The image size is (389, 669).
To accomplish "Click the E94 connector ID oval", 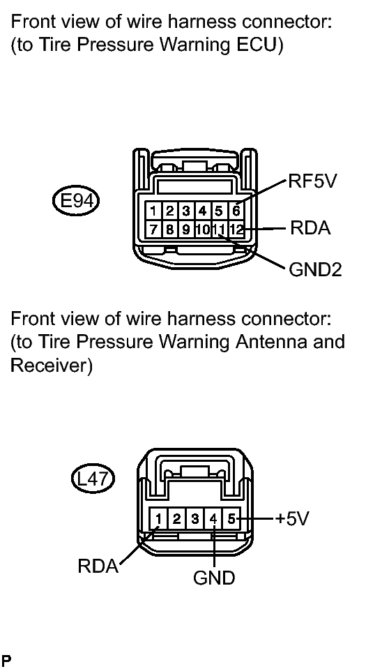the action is click(x=75, y=200).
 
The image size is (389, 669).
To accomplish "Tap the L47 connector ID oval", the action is click(x=93, y=479).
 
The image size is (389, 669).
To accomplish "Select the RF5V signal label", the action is click(x=312, y=181).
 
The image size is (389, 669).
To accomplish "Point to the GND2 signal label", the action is click(x=315, y=270).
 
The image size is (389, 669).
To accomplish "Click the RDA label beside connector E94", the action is click(x=310, y=228).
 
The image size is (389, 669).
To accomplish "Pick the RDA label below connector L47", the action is click(x=98, y=566).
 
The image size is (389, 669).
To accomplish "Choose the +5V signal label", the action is click(x=291, y=518).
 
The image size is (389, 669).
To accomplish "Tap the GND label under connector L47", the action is click(x=214, y=578).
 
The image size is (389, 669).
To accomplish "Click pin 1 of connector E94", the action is click(x=153, y=211).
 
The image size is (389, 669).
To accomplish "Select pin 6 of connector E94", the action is click(x=236, y=211).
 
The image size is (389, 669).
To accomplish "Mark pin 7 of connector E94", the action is click(x=153, y=230).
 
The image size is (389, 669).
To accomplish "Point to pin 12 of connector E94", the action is click(x=236, y=230).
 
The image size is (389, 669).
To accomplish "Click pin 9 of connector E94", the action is click(x=186, y=230).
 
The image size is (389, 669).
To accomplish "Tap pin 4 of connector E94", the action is click(x=203, y=211).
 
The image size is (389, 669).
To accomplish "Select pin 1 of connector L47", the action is click(x=158, y=519).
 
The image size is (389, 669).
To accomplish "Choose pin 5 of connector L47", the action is click(x=231, y=519).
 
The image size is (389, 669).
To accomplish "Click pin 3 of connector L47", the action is click(x=195, y=519).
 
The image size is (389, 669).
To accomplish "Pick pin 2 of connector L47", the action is click(x=176, y=519).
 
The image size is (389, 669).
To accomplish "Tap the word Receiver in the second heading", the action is click(x=51, y=366).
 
